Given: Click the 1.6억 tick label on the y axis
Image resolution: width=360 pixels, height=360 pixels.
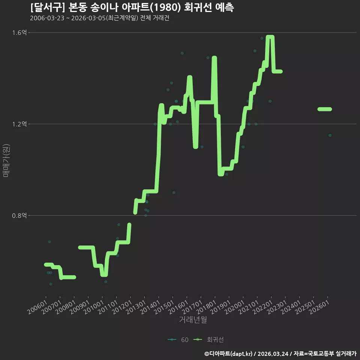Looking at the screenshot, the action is click(19, 33).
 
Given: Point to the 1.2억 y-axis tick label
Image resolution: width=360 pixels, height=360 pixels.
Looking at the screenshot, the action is click(19, 124).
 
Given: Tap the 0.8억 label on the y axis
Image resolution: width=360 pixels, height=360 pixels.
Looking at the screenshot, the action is click(19, 216).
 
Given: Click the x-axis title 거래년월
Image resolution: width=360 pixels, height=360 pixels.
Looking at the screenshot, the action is click(193, 319).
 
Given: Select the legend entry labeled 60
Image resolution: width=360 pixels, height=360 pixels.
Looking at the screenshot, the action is click(178, 340).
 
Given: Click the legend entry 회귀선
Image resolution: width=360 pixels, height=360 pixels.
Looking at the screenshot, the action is click(208, 340).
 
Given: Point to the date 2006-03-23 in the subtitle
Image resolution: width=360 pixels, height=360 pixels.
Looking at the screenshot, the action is click(47, 18).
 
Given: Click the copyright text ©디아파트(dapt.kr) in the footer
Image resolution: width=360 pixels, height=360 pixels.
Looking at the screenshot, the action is click(228, 354).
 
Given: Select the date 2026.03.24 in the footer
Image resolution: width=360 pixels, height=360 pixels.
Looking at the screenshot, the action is click(273, 354).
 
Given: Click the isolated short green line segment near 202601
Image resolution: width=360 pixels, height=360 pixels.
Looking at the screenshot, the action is click(325, 109).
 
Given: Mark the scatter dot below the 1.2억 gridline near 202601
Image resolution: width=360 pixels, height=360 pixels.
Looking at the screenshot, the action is click(330, 135).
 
